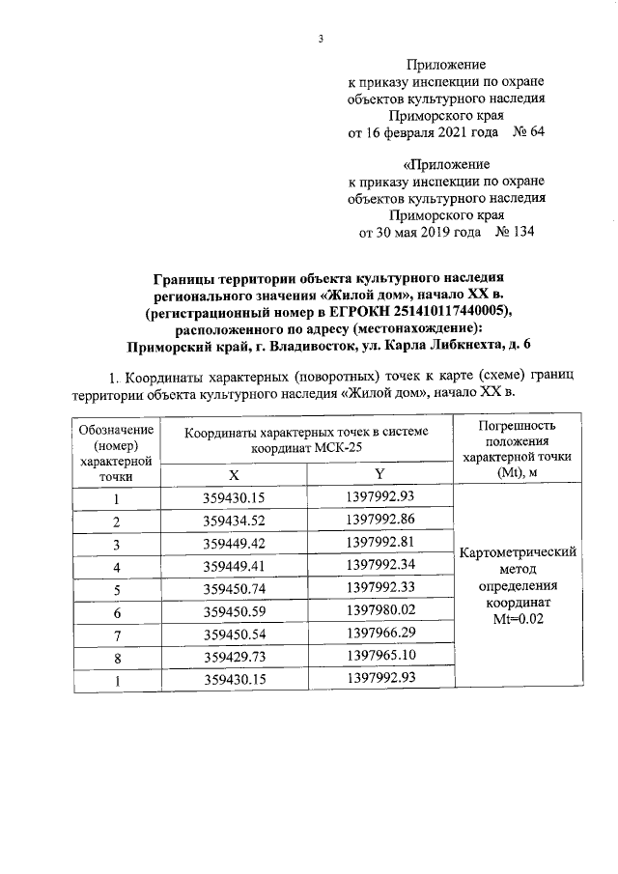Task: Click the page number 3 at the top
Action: (319, 40)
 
